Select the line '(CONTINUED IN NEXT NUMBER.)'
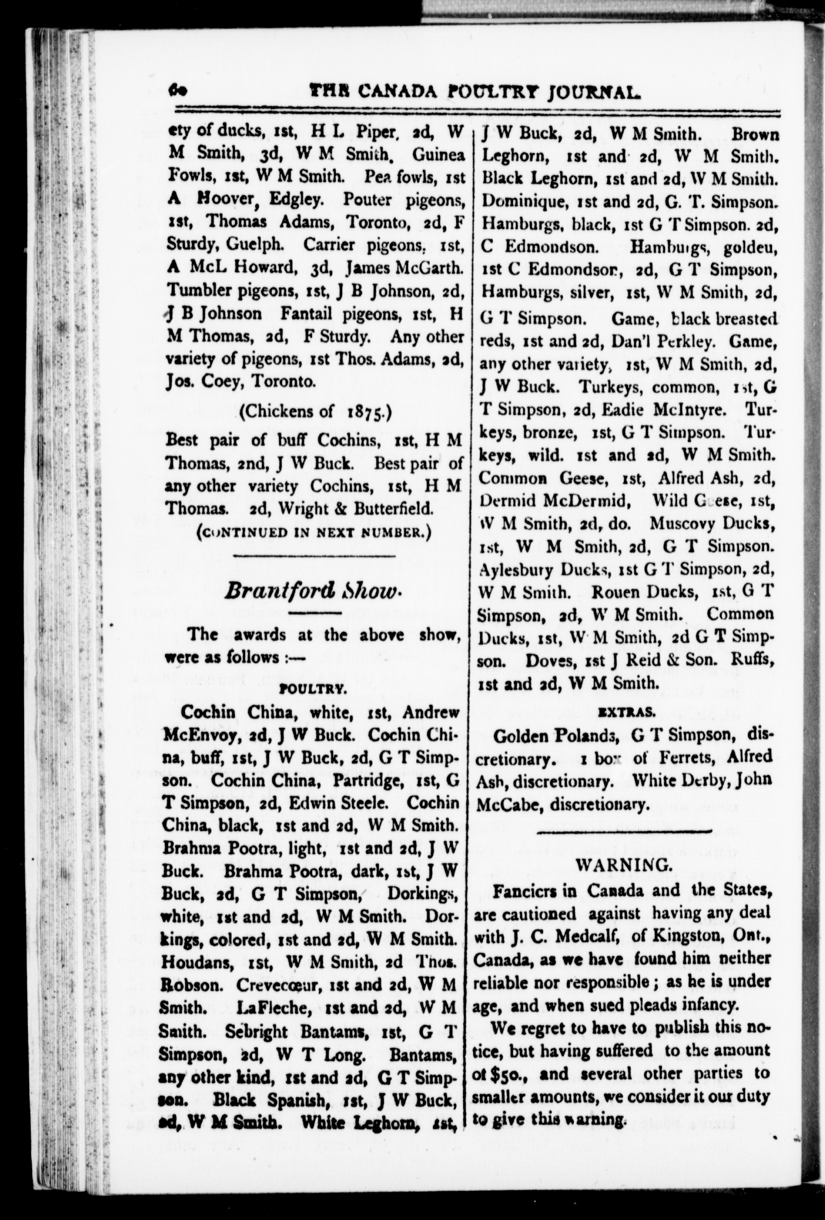314,533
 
